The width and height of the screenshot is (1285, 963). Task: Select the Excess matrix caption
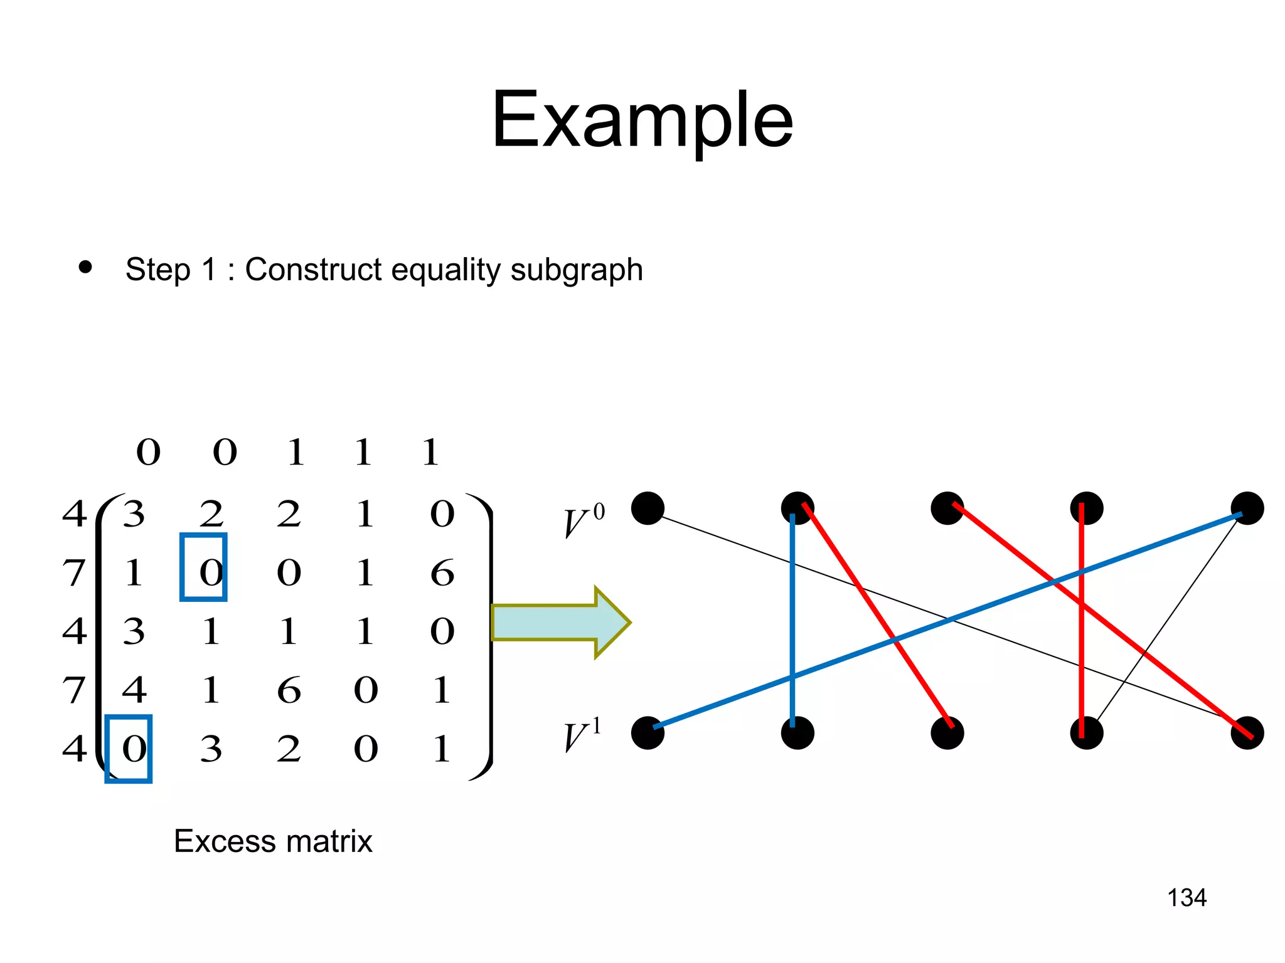pyautogui.click(x=273, y=841)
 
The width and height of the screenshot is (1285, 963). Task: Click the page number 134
pyautogui.click(x=1186, y=898)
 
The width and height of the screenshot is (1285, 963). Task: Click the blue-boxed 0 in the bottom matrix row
pyautogui.click(x=129, y=749)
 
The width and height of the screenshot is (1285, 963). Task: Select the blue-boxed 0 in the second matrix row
pyautogui.click(x=203, y=567)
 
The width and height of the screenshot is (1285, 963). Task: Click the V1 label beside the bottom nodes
pyautogui.click(x=582, y=736)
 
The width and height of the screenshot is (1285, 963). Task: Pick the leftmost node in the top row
pyautogui.click(x=648, y=508)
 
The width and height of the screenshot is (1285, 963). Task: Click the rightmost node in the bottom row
pyautogui.click(x=1247, y=733)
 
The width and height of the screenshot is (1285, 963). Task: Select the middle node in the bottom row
pyautogui.click(x=947, y=733)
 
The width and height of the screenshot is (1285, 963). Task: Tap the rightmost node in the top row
pyautogui.click(x=1247, y=508)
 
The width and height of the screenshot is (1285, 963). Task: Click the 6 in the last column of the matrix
pyautogui.click(x=442, y=573)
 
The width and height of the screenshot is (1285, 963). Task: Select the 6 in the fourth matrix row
pyautogui.click(x=289, y=690)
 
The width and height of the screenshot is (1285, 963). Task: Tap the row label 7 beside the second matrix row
pyautogui.click(x=74, y=573)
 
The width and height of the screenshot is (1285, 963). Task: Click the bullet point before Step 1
pyautogui.click(x=85, y=268)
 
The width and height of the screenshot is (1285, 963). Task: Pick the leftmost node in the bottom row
pyautogui.click(x=648, y=733)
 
